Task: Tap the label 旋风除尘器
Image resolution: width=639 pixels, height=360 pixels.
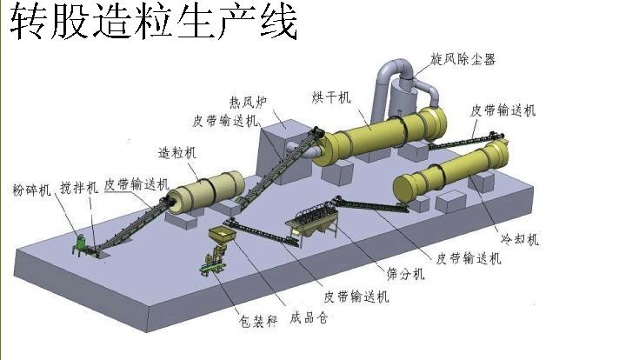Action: tap(463, 59)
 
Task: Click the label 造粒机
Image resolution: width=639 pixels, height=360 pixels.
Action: tap(176, 151)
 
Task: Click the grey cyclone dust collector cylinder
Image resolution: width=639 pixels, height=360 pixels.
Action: tap(403, 95)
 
